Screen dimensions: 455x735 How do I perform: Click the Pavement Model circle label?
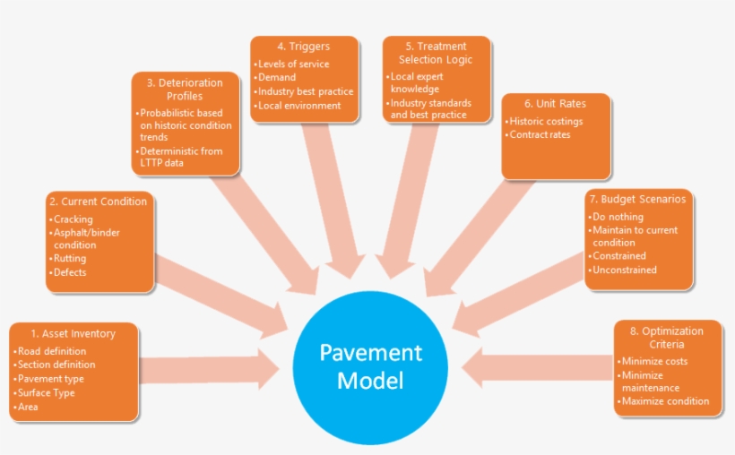[x=370, y=365]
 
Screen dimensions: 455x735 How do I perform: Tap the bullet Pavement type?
[x=51, y=379]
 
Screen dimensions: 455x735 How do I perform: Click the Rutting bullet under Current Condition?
[x=70, y=259]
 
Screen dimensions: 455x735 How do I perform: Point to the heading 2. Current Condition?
[x=99, y=202]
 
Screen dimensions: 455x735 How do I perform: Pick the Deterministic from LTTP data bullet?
[x=182, y=158]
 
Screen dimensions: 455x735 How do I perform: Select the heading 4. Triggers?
[x=304, y=47]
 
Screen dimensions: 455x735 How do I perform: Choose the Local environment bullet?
[x=299, y=106]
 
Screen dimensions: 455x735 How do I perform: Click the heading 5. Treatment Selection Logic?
[x=436, y=53]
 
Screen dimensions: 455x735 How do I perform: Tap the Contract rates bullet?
[x=540, y=134]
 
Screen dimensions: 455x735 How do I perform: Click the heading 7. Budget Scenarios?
[x=638, y=199]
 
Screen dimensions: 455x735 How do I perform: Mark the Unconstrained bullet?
[x=625, y=270]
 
